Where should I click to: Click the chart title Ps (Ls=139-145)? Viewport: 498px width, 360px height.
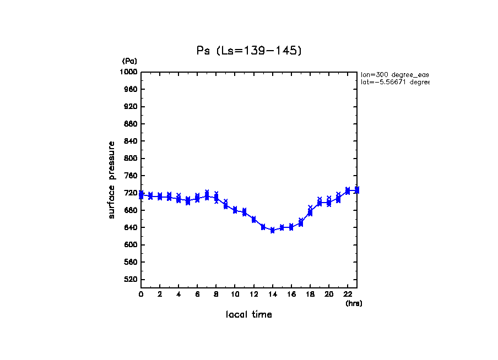[249, 51]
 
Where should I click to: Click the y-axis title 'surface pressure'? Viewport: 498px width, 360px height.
[112, 179]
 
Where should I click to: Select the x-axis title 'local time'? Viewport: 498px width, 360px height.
[249, 314]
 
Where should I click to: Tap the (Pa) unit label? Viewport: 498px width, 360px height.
[129, 61]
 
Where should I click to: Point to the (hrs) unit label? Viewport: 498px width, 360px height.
[354, 303]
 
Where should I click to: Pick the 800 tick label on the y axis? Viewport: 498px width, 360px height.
[131, 159]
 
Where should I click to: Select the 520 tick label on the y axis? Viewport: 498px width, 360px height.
[131, 280]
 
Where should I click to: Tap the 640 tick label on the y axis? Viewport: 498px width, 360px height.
[131, 227]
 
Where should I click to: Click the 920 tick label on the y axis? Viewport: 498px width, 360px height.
[131, 107]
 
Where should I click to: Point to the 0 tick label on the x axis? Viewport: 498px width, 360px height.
[141, 294]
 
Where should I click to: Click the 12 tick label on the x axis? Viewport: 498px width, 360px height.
[254, 294]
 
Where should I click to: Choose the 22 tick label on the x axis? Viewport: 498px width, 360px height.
[348, 294]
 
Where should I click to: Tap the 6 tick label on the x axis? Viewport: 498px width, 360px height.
[197, 294]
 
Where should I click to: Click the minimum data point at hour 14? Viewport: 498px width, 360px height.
[273, 230]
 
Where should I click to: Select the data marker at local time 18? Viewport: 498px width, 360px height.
[310, 212]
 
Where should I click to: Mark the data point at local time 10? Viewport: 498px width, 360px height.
[235, 210]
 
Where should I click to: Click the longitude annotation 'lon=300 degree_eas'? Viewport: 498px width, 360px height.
[394, 74]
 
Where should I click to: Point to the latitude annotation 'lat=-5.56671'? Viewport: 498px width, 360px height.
[394, 82]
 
